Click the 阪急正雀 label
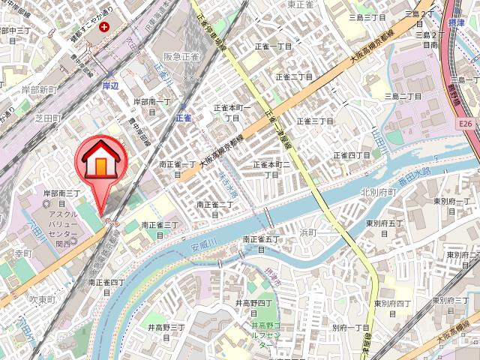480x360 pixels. (181, 55)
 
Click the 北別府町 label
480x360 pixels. (377, 191)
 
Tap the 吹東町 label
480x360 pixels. (43, 298)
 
